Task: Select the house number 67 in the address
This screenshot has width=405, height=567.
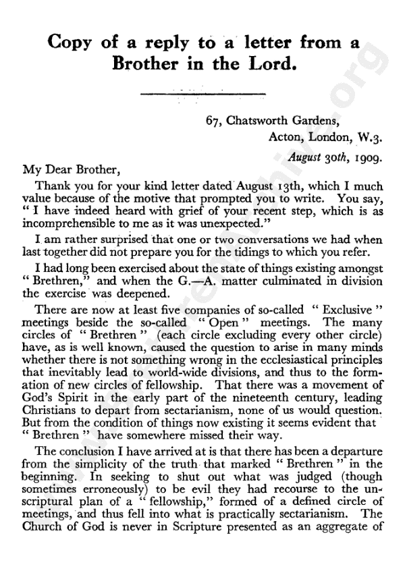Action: tap(215, 122)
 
